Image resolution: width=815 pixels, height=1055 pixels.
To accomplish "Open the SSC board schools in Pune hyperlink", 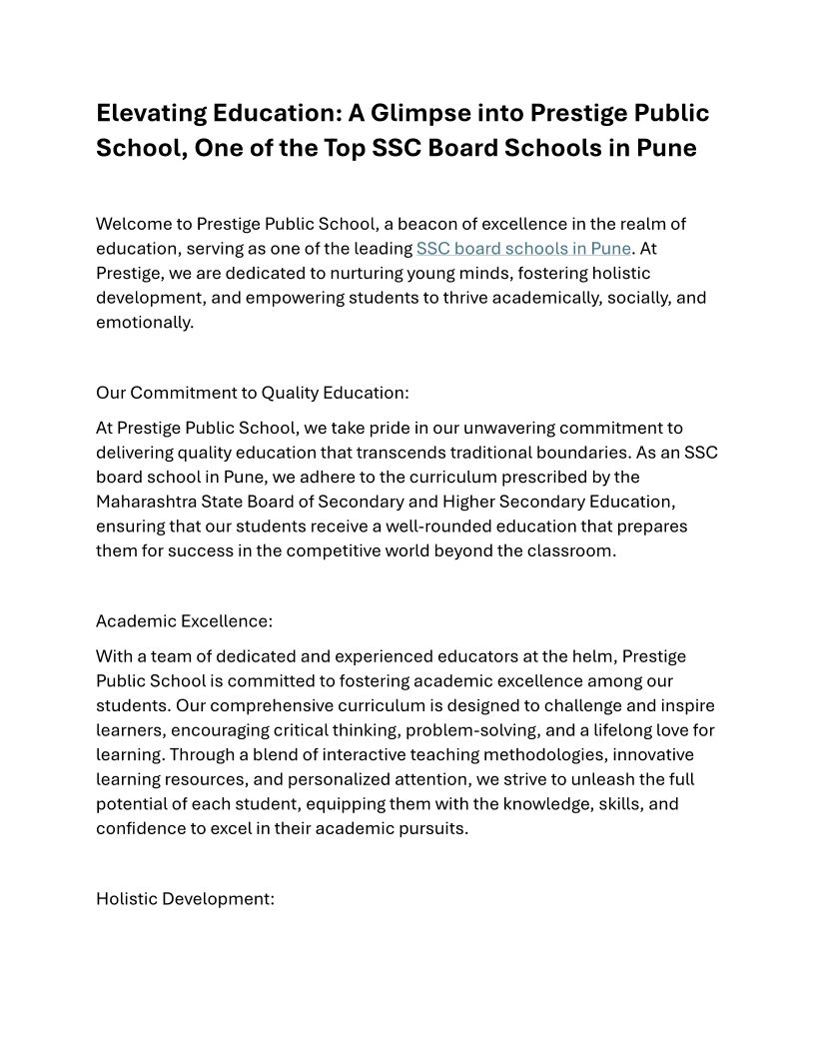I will point(523,249).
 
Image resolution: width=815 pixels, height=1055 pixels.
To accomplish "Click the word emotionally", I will point(144,322).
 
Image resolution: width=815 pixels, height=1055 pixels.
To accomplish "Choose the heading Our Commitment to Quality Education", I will point(252,393).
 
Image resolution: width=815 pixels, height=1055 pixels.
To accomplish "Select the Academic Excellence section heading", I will point(184,621).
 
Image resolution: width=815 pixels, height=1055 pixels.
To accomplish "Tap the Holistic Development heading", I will point(185,899).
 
